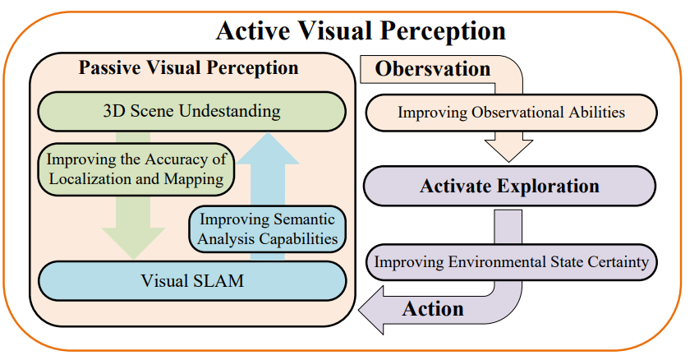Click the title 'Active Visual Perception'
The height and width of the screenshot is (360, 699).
[x=361, y=30]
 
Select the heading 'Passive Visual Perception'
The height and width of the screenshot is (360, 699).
[x=189, y=67]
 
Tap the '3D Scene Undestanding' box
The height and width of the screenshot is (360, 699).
[x=192, y=112]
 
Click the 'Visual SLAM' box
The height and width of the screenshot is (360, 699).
[x=192, y=281]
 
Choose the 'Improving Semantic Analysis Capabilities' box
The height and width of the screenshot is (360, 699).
[x=268, y=228]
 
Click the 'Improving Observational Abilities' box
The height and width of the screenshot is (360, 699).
[x=512, y=113]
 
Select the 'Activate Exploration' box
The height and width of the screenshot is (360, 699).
[x=509, y=186]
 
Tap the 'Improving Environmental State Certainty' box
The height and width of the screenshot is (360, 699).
[x=512, y=262]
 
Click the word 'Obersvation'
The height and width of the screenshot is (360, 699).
[x=433, y=69]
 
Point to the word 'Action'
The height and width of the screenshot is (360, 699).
[x=433, y=309]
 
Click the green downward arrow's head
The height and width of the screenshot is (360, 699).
[x=133, y=243]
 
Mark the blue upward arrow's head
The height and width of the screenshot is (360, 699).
[x=268, y=148]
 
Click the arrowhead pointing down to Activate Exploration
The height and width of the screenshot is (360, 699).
[x=508, y=150]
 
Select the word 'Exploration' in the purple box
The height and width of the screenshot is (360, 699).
[x=549, y=187]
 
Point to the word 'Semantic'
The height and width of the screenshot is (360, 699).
[x=304, y=219]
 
